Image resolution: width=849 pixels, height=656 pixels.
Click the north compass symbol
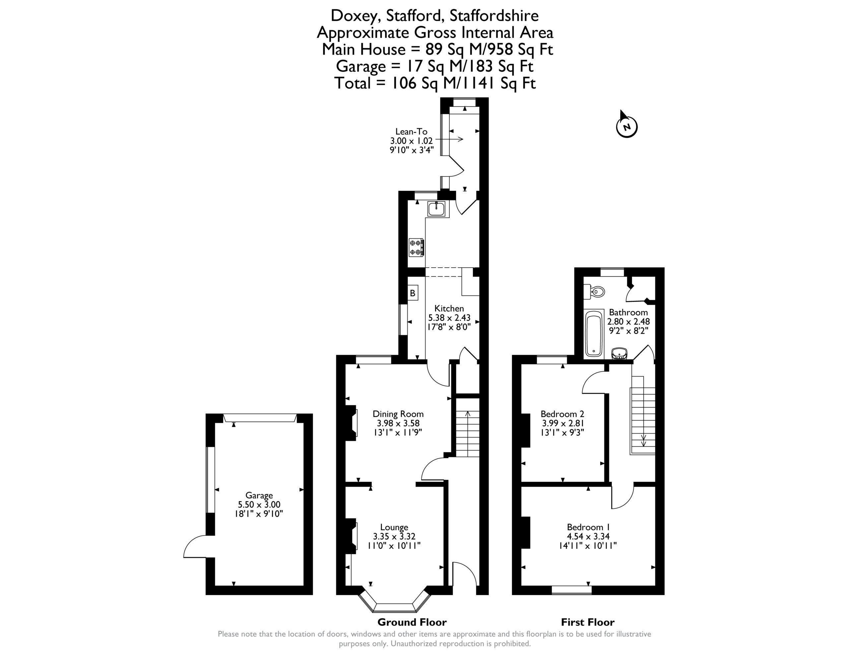pyautogui.click(x=627, y=126)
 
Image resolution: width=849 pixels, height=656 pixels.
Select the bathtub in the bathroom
pyautogui.click(x=594, y=333)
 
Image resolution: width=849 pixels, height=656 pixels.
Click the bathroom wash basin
pyautogui.click(x=619, y=353)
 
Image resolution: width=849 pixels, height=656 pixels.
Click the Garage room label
pyautogui.click(x=259, y=495)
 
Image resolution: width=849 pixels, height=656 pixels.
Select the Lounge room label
pyautogui.click(x=394, y=527)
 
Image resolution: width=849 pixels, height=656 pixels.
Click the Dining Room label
pyautogui.click(x=398, y=414)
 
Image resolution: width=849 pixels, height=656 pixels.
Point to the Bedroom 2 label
pyautogui.click(x=562, y=414)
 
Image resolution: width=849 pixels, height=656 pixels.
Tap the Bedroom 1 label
pyautogui.click(x=588, y=527)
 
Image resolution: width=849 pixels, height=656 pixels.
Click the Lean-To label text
pyautogui.click(x=411, y=131)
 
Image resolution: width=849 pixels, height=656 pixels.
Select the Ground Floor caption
pyautogui.click(x=412, y=622)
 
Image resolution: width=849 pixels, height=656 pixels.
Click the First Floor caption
pyautogui.click(x=588, y=622)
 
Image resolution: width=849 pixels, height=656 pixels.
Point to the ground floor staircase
pyautogui.click(x=468, y=433)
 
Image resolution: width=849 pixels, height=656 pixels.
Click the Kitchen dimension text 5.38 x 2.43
pyautogui.click(x=449, y=318)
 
